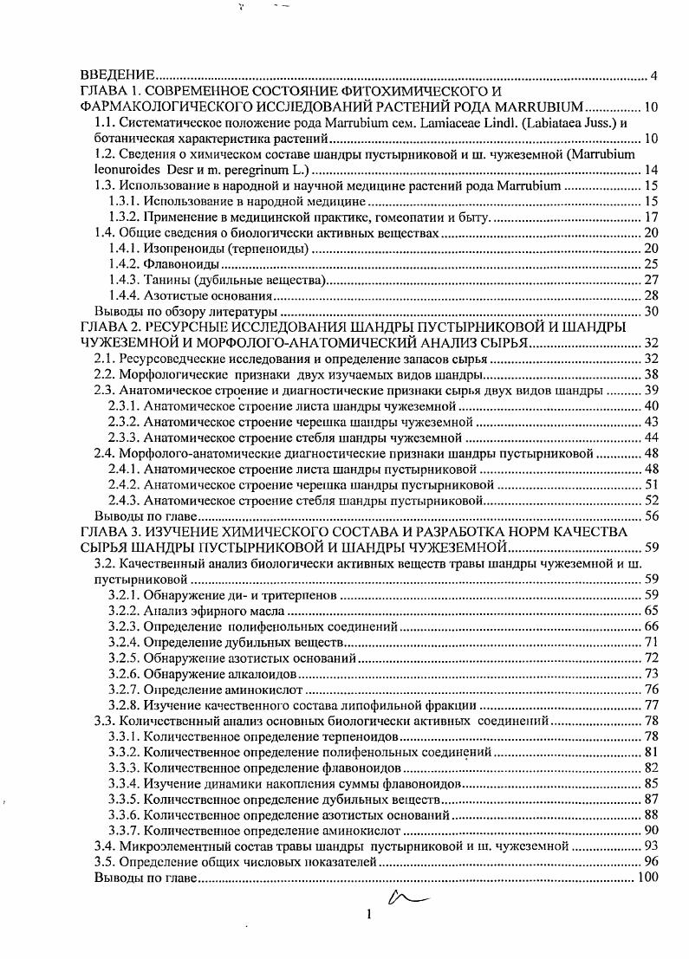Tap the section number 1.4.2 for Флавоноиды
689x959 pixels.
point(125,263)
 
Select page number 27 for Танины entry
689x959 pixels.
point(652,279)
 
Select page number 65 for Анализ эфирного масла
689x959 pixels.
point(652,611)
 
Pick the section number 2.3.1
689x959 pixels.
point(125,406)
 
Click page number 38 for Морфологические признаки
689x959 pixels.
point(652,375)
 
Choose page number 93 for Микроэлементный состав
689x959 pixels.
point(652,846)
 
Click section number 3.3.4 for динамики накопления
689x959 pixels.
point(125,783)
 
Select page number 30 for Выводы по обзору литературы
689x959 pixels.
point(652,310)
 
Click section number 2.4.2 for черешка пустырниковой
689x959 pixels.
point(125,484)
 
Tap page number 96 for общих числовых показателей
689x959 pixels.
point(652,862)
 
